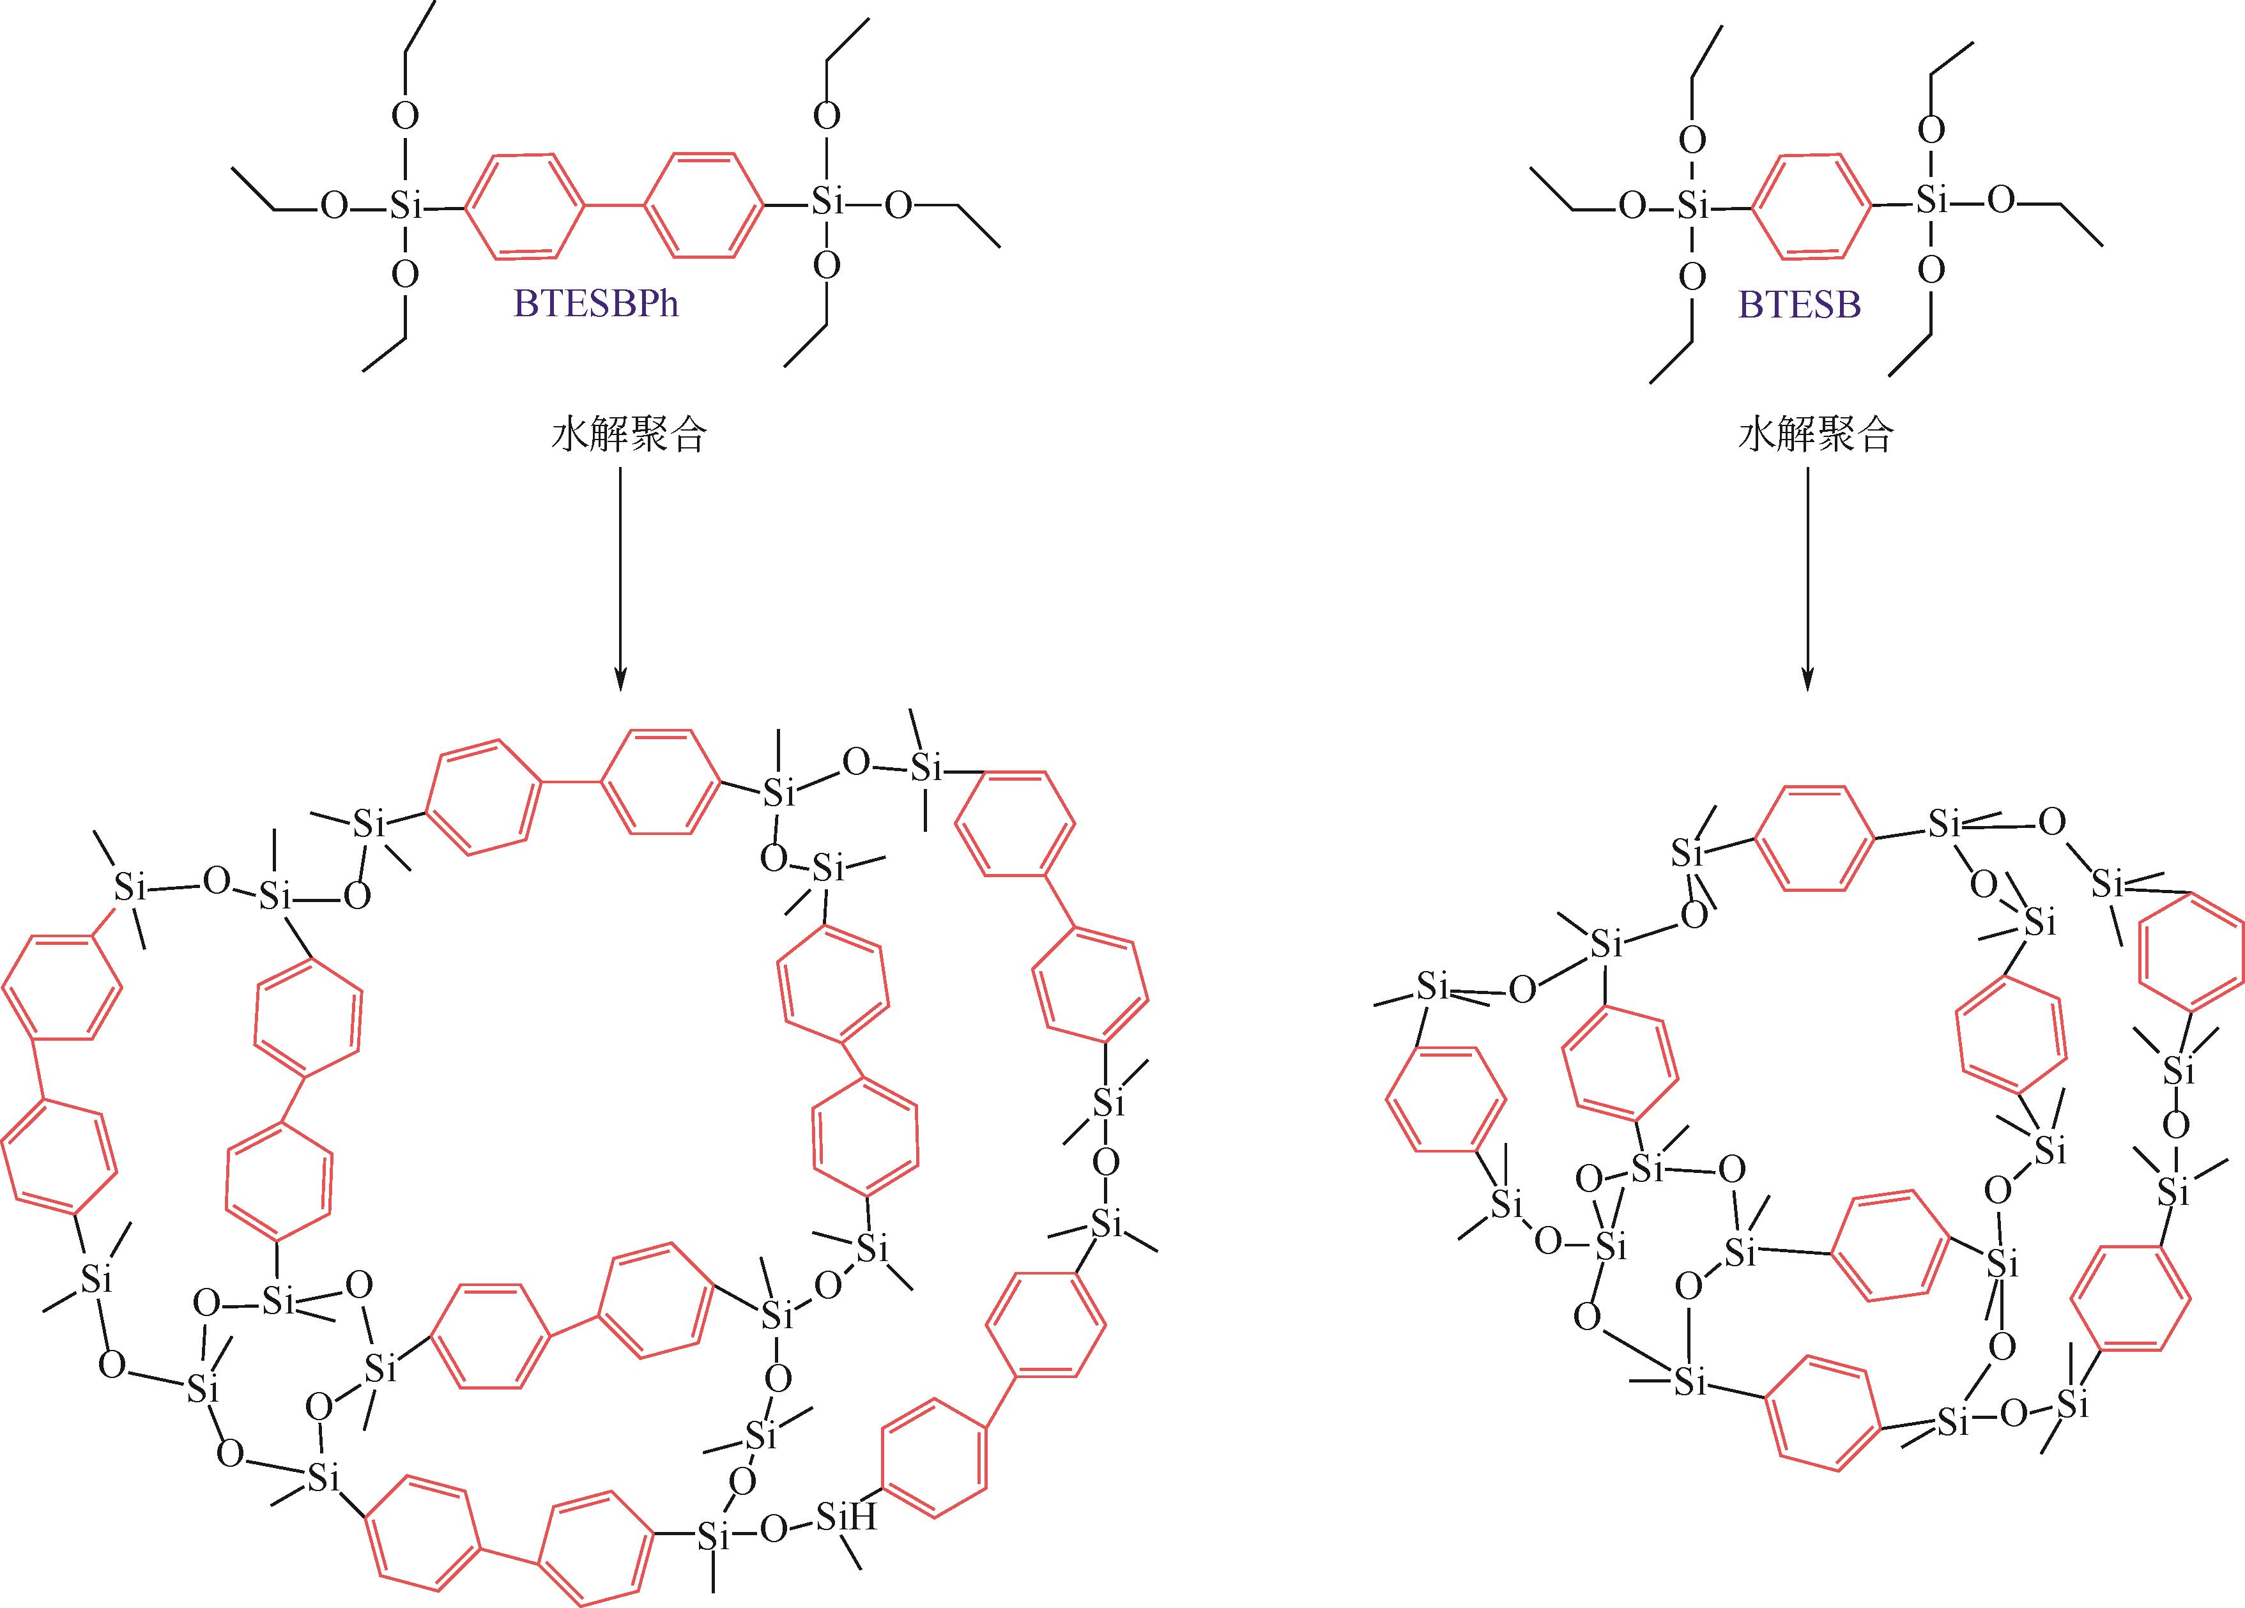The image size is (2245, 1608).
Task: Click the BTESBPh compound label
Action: [596, 304]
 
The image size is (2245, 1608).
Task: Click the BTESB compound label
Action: [1800, 305]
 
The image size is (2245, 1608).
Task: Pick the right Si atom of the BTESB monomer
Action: [1931, 201]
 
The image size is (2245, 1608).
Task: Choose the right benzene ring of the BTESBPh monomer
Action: [704, 205]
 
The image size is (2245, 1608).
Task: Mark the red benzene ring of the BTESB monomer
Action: [1811, 206]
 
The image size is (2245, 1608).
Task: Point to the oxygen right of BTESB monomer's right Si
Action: [2000, 201]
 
